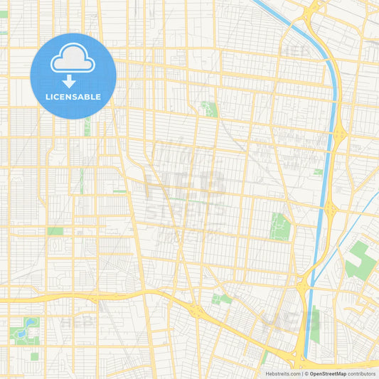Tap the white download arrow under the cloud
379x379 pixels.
69,80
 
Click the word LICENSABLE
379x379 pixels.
73,97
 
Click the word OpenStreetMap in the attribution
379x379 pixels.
328,373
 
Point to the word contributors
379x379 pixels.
362,373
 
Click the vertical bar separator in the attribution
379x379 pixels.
304,373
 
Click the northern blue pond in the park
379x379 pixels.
28,324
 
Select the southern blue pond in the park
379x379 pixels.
23,333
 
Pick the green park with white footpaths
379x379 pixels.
280,226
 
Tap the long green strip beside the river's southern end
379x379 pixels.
315,324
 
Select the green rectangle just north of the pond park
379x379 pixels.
55,231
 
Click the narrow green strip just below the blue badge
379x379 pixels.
87,127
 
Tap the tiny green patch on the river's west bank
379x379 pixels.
318,171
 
